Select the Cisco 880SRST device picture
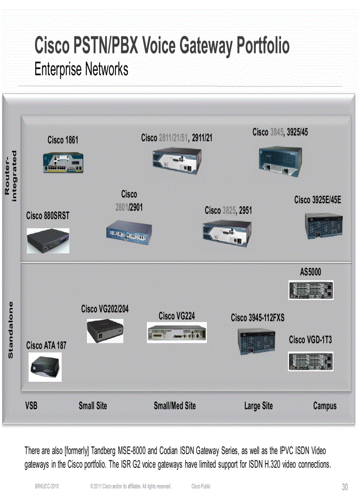(48, 240)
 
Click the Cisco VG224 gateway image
(176, 332)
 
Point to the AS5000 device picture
(311, 290)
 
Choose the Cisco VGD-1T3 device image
(311, 361)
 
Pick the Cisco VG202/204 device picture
(105, 331)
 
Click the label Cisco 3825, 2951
(228, 211)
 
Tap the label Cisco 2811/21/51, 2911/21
(176, 138)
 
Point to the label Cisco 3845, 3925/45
(280, 132)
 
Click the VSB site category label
(31, 406)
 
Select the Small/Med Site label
(175, 406)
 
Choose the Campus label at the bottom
(325, 406)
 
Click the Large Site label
(259, 406)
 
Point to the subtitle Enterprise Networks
(82, 69)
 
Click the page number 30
(345, 487)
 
